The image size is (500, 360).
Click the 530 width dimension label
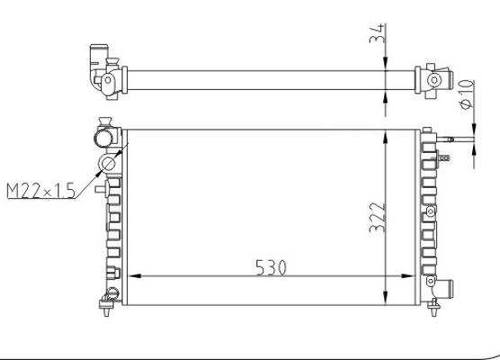tap(271, 267)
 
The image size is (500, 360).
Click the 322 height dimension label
tap(378, 217)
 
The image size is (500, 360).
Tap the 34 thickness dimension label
tap(378, 33)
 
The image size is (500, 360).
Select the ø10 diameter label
tap(467, 94)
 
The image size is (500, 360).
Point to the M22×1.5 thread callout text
tap(40, 191)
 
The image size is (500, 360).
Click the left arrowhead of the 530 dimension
tap(134, 276)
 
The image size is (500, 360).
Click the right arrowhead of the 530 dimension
tap(408, 276)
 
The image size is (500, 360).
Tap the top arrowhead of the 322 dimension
tap(386, 137)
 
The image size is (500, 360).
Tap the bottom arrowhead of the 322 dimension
tap(386, 298)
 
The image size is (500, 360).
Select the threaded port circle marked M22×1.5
tap(108, 164)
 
